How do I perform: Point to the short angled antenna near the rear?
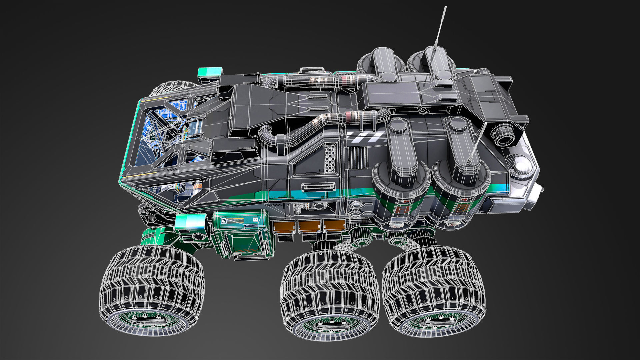(x=477, y=143)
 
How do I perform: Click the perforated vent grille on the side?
(x=330, y=158)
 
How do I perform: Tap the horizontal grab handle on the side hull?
(x=318, y=187)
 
